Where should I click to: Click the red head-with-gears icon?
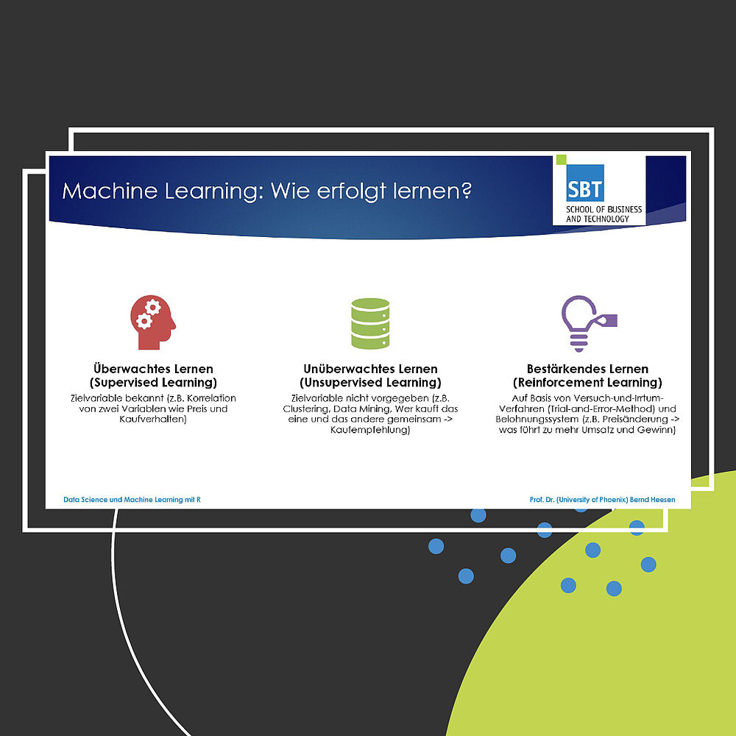(153, 322)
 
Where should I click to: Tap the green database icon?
(370, 323)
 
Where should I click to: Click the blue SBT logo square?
(585, 183)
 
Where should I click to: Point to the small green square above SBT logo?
(562, 160)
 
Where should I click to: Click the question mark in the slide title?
(466, 191)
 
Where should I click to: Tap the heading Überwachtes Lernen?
(153, 369)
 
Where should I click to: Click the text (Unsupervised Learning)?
(370, 383)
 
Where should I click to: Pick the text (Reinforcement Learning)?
(587, 383)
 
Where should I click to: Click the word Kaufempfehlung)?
(370, 430)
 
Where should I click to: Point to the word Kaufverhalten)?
(153, 420)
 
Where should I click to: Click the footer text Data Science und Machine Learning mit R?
(132, 500)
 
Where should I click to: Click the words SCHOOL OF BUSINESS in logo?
(604, 209)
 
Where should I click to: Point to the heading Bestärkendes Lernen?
(587, 369)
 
